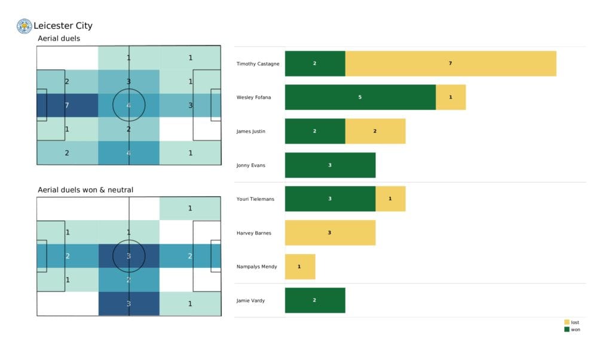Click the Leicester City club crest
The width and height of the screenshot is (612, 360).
(25, 26)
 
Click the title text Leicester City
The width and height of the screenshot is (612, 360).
(63, 26)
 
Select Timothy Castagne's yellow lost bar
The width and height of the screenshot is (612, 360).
(451, 63)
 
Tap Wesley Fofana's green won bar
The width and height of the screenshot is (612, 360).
(360, 97)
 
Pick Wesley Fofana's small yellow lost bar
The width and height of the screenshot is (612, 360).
(451, 97)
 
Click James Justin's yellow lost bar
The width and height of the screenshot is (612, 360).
(375, 131)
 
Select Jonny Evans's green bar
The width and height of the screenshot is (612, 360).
(330, 165)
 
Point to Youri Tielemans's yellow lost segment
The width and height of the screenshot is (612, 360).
(390, 199)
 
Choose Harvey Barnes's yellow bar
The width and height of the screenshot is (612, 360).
(330, 233)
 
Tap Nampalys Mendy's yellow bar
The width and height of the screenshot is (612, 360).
(299, 266)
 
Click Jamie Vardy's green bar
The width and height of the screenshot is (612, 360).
(315, 300)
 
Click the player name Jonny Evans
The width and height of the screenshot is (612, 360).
(250, 165)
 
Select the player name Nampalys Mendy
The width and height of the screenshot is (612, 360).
(256, 266)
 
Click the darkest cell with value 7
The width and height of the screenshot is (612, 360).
(67, 105)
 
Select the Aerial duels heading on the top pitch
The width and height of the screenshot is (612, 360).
(59, 38)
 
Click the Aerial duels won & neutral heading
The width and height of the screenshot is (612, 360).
(85, 190)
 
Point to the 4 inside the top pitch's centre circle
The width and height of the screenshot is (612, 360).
(128, 105)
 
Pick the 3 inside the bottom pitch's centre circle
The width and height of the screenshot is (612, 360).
(128, 257)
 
